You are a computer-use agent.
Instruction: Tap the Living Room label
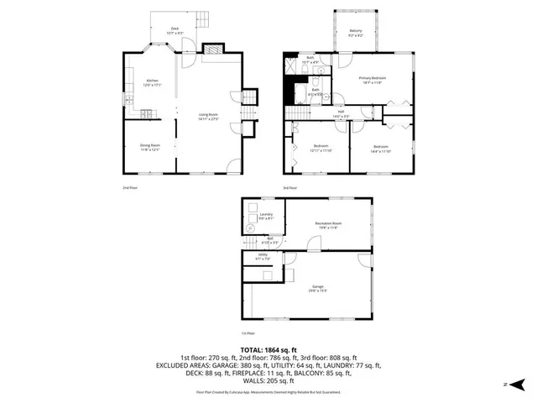tap(208, 117)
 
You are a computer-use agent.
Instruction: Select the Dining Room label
tap(150, 147)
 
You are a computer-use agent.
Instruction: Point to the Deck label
tap(175, 30)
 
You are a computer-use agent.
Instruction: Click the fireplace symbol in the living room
tap(216, 49)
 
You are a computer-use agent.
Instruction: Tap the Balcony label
tap(355, 33)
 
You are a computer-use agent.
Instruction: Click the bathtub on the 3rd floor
tap(300, 92)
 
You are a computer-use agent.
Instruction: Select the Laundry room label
tap(266, 216)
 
